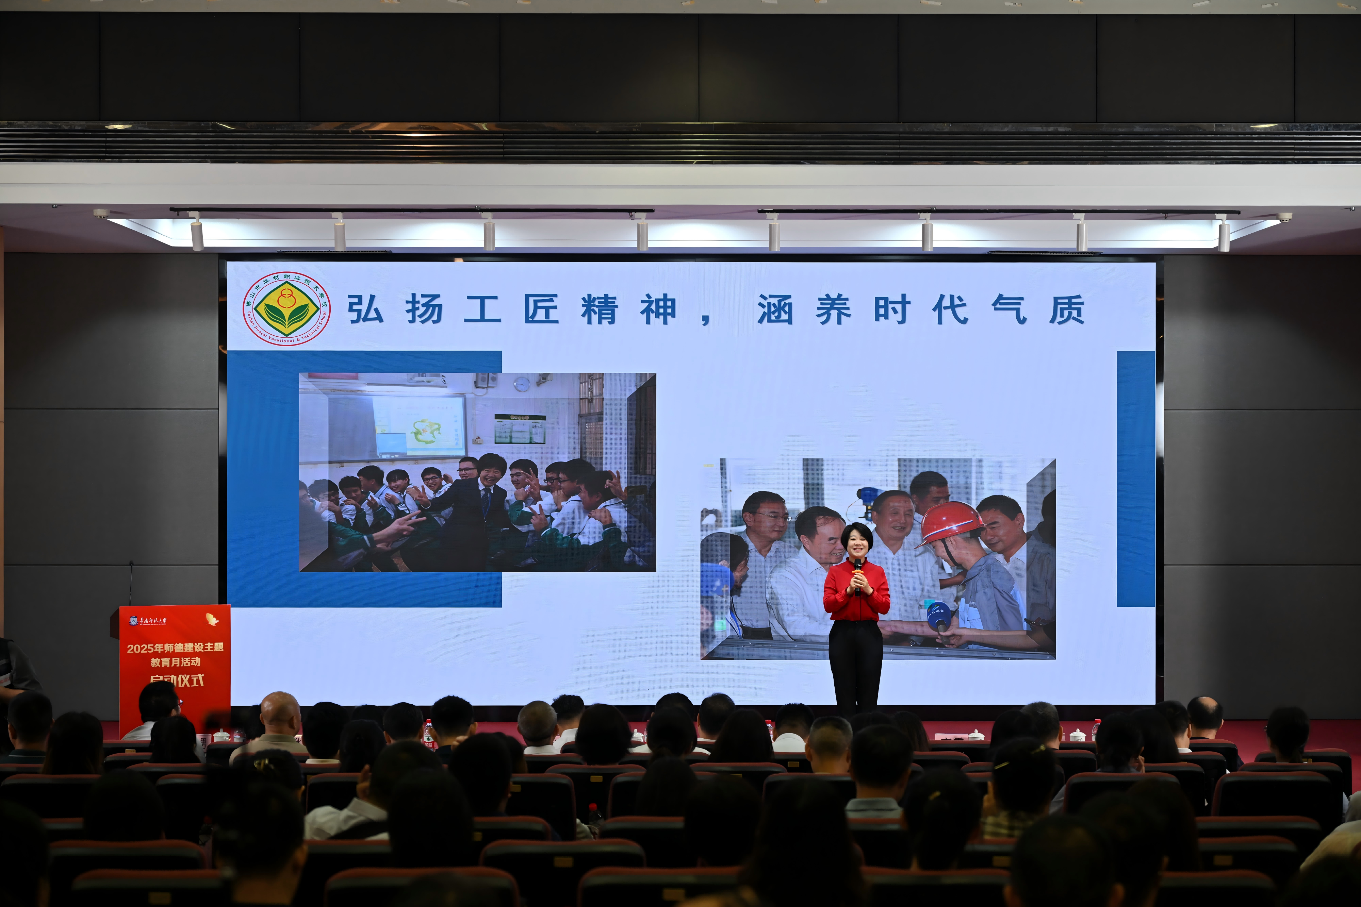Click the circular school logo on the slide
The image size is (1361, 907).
coord(286,308)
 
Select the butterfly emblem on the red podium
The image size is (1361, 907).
coord(212,620)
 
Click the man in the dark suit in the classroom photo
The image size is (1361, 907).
coord(475,509)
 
